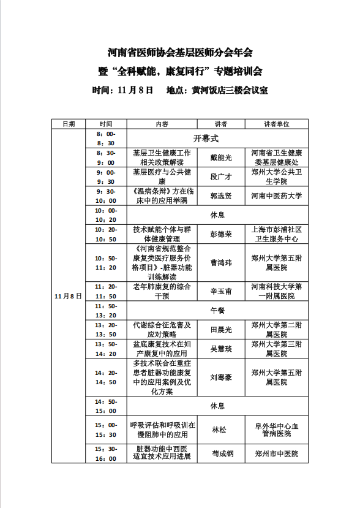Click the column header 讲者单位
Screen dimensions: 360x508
pyautogui.click(x=277, y=124)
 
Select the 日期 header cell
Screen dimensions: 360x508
pyautogui.click(x=68, y=124)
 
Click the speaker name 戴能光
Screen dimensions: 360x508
pyautogui.click(x=221, y=158)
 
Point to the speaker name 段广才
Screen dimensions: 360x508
pyautogui.click(x=221, y=177)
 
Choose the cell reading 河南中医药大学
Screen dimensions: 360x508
pyautogui.click(x=277, y=197)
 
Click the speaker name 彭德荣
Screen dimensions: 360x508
pyautogui.click(x=221, y=234)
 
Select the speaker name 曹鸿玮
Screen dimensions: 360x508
pyautogui.click(x=221, y=262)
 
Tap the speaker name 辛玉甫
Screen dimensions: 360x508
pyautogui.click(x=221, y=291)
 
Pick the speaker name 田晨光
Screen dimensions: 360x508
pyautogui.click(x=221, y=330)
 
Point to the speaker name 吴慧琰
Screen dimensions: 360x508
pyautogui.click(x=221, y=349)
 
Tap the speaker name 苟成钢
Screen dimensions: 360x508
pyautogui.click(x=221, y=453)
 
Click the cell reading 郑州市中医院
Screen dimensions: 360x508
pyautogui.click(x=277, y=453)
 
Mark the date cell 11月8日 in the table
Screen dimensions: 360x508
pyautogui.click(x=68, y=296)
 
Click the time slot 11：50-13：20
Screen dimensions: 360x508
pyautogui.click(x=105, y=310)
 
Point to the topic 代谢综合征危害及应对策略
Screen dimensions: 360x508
pyautogui.click(x=162, y=330)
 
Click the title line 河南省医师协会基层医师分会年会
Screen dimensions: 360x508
pyautogui.click(x=180, y=53)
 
